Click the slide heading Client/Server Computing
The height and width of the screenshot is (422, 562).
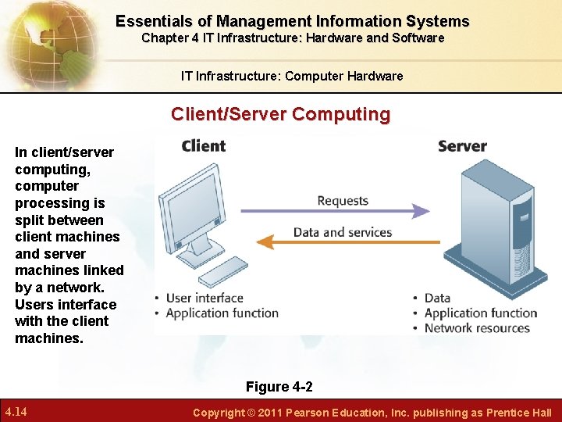click(281, 114)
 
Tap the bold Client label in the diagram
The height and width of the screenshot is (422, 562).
click(203, 146)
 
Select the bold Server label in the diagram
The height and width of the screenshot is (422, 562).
click(462, 146)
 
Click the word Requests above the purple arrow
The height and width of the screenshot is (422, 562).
click(343, 201)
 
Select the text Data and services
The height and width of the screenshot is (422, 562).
click(343, 232)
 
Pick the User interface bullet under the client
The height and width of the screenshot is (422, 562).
click(205, 298)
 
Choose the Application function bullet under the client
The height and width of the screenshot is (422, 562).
click(222, 313)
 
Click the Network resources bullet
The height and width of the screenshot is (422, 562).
click(477, 328)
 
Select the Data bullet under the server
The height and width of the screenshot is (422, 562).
click(437, 298)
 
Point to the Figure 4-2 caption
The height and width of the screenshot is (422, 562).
click(279, 387)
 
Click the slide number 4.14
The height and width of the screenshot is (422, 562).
click(16, 412)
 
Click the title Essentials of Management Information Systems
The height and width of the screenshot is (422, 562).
click(293, 21)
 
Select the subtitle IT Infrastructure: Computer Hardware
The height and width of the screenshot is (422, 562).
click(292, 76)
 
